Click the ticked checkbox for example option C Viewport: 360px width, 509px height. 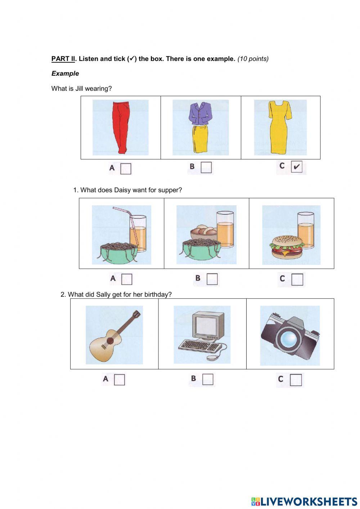click(296, 167)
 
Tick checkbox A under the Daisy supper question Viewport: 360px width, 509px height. click(127, 279)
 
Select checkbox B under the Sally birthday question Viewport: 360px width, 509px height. click(208, 379)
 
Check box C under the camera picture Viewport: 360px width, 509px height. click(296, 380)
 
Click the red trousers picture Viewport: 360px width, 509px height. click(120, 127)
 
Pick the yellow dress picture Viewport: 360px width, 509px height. click(280, 127)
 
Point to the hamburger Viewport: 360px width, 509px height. click(285, 247)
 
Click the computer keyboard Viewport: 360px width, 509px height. click(199, 346)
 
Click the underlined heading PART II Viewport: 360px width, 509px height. click(63, 59)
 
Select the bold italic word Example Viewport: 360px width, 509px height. click(65, 73)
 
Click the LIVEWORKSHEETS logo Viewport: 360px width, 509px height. click(304, 501)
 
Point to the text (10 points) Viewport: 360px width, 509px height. click(253, 59)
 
